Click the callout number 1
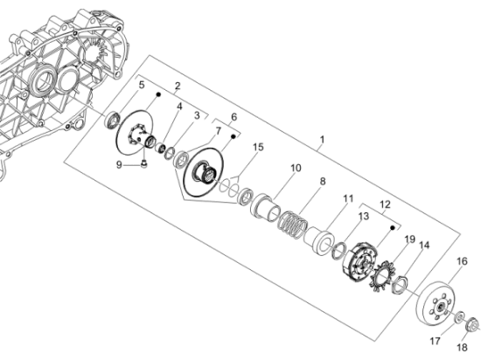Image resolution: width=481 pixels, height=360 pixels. (x=322, y=140)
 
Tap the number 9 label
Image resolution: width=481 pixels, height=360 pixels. (x=119, y=165)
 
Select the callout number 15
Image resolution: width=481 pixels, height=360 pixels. (x=258, y=147)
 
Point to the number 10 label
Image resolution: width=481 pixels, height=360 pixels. (x=296, y=168)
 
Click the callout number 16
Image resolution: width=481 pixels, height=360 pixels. (x=462, y=261)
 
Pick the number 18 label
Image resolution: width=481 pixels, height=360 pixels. (x=462, y=348)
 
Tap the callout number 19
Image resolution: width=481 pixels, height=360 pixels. (x=410, y=239)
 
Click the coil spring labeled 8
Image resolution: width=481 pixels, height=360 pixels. (x=292, y=225)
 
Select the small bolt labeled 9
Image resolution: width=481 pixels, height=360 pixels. (x=143, y=164)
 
